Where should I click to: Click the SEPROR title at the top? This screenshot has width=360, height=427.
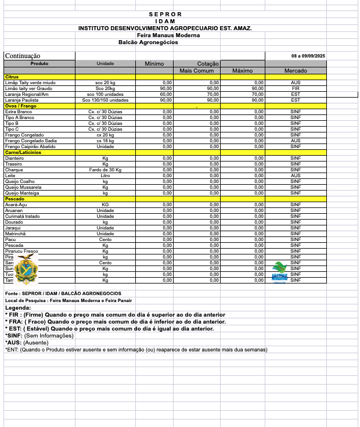coord(165,14)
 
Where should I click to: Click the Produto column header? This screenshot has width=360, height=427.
coord(39,63)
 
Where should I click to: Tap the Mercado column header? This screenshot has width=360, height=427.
coord(296,70)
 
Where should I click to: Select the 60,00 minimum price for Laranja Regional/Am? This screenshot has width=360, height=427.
coord(165,94)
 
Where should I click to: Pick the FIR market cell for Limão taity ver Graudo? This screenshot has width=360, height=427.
coord(296,88)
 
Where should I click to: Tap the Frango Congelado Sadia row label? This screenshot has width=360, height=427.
coord(31,141)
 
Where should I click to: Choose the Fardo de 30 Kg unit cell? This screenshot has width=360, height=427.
coord(105,170)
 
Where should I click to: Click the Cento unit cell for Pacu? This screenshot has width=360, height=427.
coord(105,239)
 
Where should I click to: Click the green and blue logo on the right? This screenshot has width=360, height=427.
coord(280,270)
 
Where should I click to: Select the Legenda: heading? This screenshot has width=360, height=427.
coord(18,308)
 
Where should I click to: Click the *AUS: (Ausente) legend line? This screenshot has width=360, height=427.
coord(27,343)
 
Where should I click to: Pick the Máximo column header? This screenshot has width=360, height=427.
coord(242,70)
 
